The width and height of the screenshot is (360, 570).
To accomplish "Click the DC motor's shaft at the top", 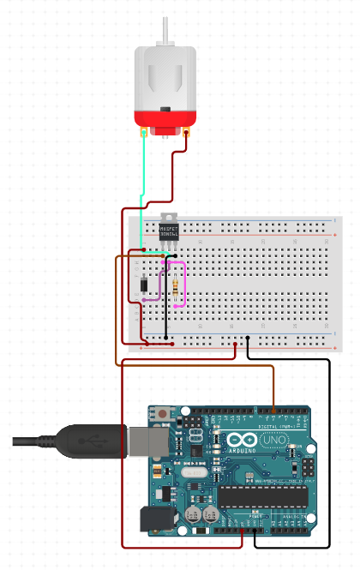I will click(x=165, y=32).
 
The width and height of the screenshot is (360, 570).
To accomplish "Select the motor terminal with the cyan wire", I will click(x=143, y=134).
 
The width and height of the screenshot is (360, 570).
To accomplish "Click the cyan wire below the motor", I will click(x=143, y=189).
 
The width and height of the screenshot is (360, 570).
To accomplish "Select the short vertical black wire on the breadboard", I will click(x=165, y=300).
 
